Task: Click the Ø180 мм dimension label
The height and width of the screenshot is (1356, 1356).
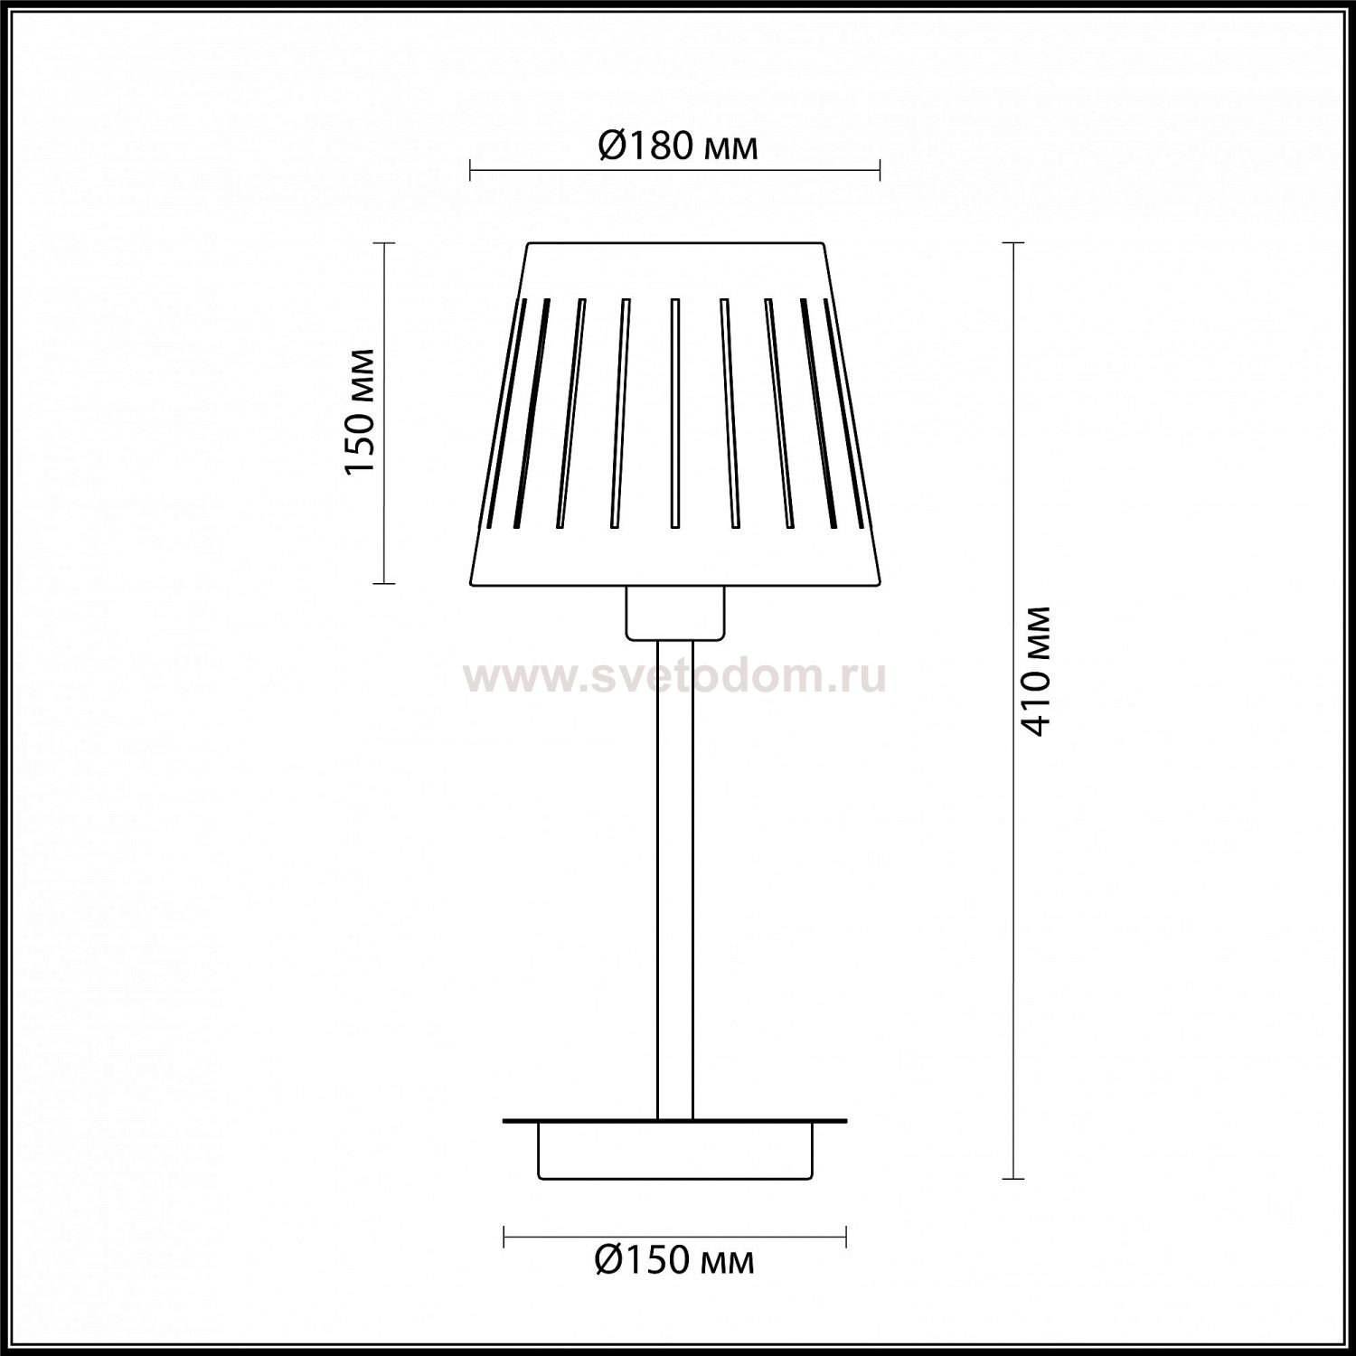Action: [677, 146]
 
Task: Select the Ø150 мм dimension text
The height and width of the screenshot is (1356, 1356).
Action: [674, 1259]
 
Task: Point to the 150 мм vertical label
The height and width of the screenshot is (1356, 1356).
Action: [361, 410]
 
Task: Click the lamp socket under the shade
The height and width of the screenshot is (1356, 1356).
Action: [675, 612]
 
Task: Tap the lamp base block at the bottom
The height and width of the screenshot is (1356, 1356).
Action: [675, 1151]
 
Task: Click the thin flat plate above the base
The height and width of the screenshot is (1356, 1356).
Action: [675, 1121]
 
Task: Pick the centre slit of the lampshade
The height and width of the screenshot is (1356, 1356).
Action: [674, 413]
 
